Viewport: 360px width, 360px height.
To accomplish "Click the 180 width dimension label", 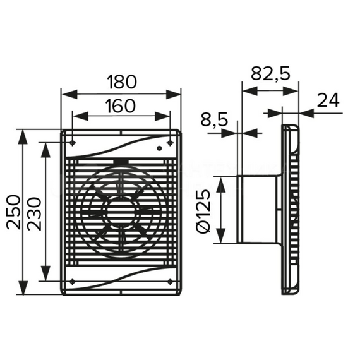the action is pos(122,81).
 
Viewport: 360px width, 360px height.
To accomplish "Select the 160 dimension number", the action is pos(120,106).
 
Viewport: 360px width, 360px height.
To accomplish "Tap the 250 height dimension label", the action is pos(13,212).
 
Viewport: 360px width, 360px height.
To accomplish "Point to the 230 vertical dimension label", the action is pos(34,213).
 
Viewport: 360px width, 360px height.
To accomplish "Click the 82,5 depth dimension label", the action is pos(270,74).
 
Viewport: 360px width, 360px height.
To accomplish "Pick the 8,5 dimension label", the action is pos(214,119).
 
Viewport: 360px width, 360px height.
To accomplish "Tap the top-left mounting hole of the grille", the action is pos(73,143).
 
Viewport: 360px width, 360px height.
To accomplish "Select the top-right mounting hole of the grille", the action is pos(170,143).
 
